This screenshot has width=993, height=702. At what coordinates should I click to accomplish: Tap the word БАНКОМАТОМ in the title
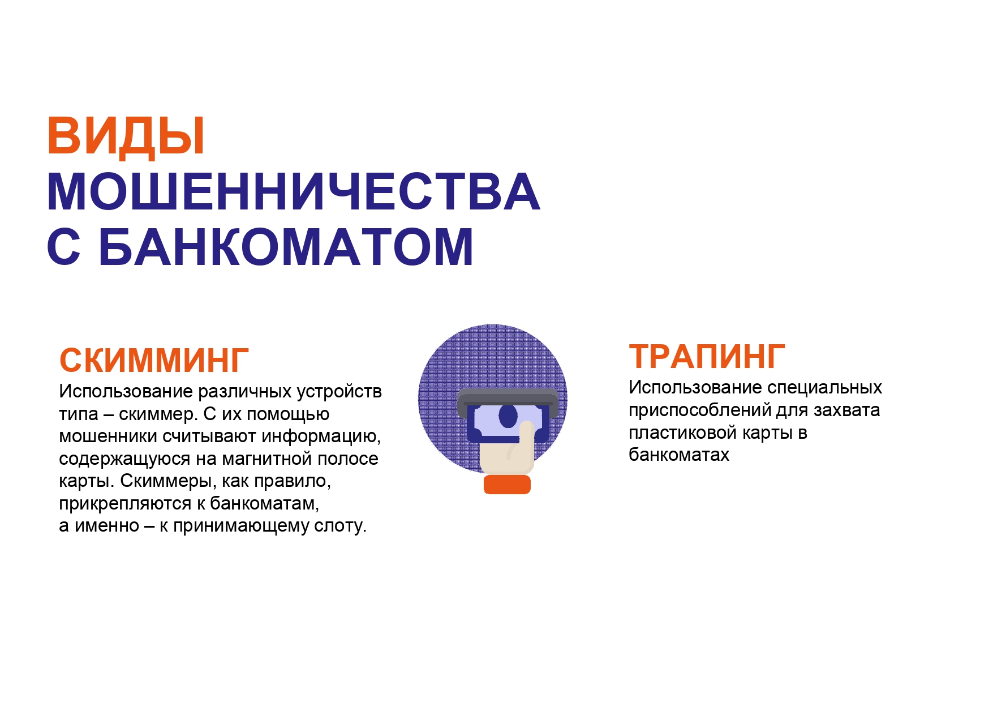[x=286, y=247]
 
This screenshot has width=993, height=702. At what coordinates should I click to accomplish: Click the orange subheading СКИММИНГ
[x=154, y=360]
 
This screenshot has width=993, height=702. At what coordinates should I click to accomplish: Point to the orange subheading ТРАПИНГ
[x=707, y=356]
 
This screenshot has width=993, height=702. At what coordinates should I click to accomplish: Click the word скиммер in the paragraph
[x=157, y=414]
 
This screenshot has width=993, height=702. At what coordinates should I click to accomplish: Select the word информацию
[x=321, y=436]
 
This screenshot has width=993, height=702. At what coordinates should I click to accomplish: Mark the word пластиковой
[x=683, y=433]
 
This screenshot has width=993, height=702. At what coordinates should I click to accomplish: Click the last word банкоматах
[x=679, y=455]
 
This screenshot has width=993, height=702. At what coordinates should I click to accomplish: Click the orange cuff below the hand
[x=507, y=485]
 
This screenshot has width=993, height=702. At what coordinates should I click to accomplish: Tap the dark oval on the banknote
[x=508, y=416]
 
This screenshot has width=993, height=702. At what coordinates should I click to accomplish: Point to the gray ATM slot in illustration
[x=508, y=399]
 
